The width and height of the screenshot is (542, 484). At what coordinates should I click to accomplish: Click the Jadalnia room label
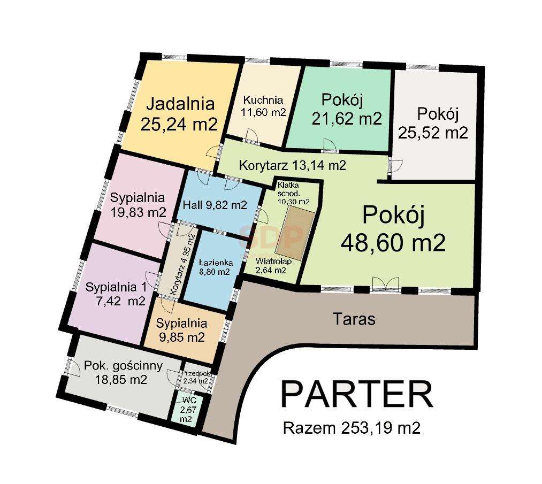click(180, 102)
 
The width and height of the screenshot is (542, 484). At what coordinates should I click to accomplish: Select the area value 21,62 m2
click(347, 118)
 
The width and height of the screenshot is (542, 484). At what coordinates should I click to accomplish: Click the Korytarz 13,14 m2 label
click(292, 165)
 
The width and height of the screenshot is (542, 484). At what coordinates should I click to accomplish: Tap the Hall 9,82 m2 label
click(214, 205)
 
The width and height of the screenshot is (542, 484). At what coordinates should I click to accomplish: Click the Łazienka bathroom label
click(214, 263)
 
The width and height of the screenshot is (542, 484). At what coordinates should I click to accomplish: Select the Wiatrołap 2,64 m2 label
click(273, 266)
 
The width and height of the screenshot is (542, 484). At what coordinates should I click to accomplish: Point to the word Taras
click(354, 319)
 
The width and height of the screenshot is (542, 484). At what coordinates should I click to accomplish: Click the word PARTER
click(356, 395)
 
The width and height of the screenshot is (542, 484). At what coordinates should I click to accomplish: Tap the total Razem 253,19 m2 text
click(351, 428)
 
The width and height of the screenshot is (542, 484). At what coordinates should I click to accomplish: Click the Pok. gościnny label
click(116, 366)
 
